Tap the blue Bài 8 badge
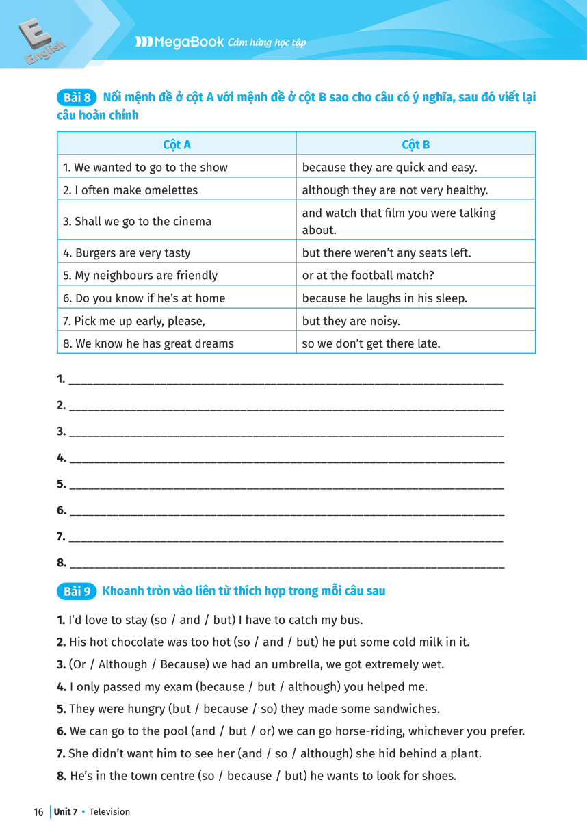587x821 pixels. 77,97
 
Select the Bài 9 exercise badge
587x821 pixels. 77,591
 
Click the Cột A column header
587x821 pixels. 177,144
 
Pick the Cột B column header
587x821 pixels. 416,144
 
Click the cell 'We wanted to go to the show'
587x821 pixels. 145,167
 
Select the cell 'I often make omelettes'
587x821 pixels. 130,190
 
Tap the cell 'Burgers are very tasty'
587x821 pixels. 127,252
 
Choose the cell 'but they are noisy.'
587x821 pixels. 351,321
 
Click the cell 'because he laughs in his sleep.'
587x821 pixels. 384,298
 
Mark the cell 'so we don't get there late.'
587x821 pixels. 370,343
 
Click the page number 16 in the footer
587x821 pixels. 38,812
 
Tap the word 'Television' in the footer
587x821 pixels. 109,812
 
